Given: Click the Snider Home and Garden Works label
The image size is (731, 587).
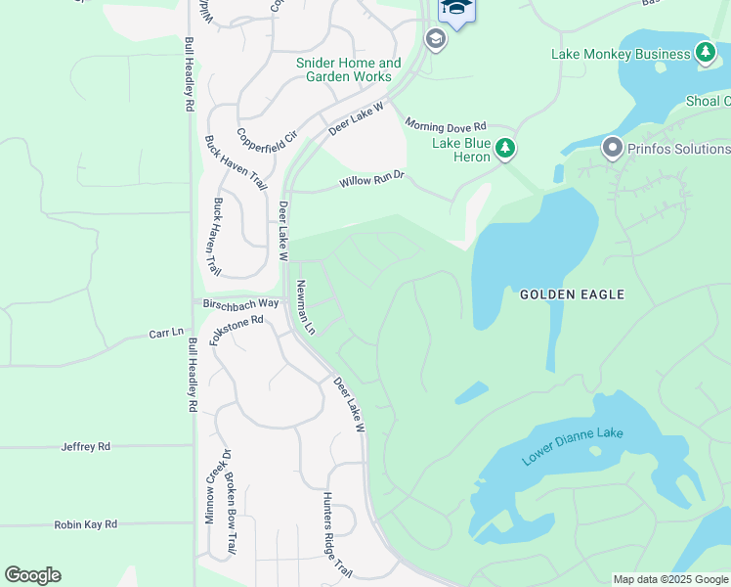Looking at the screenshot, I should tap(348, 69).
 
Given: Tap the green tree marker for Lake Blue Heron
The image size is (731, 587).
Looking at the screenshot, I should tap(505, 149).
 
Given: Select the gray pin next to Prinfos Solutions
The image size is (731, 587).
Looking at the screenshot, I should tap(613, 149).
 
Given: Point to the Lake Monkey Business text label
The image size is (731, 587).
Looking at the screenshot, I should tap(621, 54).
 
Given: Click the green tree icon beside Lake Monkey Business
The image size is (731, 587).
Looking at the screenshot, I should tap(706, 54).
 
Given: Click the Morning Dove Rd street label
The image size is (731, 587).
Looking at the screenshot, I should tap(446, 126).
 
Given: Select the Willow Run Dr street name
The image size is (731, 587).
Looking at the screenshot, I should tap(371, 181).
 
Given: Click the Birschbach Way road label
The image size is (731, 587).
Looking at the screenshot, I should tap(240, 303).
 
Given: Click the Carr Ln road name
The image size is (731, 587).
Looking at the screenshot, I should tap(166, 333).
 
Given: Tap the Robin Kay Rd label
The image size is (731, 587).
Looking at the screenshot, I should tap(85, 524).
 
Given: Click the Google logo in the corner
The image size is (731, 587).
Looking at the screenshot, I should tap(32, 575).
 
